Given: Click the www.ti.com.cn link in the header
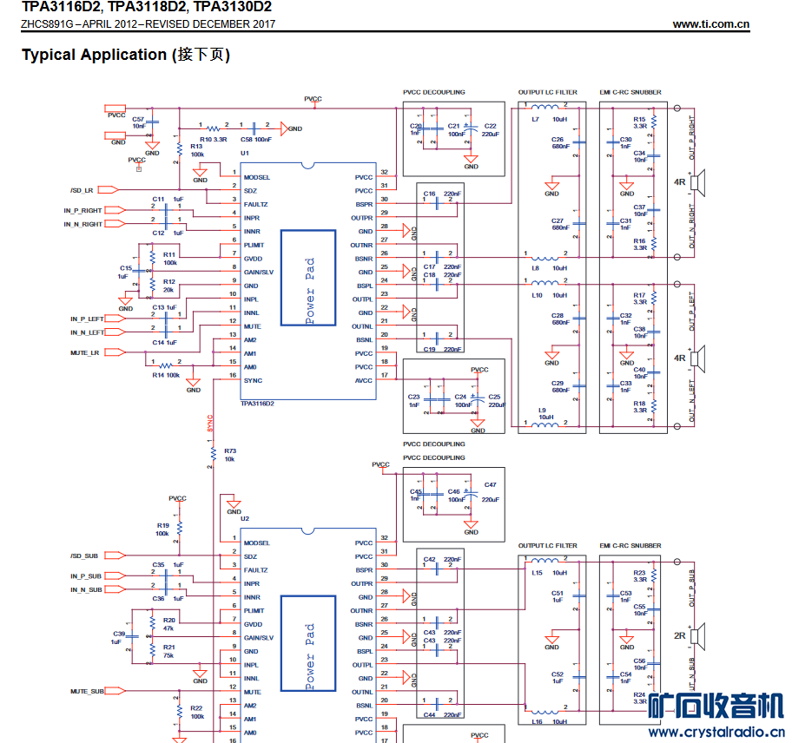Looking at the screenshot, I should click(x=710, y=24).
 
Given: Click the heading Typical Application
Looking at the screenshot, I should click(x=94, y=55).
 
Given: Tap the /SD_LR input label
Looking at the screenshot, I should click(x=82, y=189).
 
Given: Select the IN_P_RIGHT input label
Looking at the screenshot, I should click(x=82, y=211).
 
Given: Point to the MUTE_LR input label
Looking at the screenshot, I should click(x=84, y=353).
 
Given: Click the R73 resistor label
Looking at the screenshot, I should click(x=229, y=450).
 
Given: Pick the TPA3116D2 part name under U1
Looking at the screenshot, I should click(x=257, y=404).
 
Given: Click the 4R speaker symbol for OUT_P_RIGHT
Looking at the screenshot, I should click(x=702, y=182).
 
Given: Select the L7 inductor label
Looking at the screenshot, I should click(x=536, y=119).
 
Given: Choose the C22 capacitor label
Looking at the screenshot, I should click(x=490, y=127).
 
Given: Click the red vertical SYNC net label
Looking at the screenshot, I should click(x=210, y=423).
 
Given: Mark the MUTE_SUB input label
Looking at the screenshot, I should click(x=87, y=692).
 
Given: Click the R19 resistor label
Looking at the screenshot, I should click(x=162, y=525).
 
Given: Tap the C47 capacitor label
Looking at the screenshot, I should click(x=491, y=485).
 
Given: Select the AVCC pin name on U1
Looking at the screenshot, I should click(x=364, y=380).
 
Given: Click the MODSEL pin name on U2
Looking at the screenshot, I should click(x=256, y=542).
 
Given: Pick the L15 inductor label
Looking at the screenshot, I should click(x=538, y=573).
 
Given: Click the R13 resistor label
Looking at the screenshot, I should click(x=196, y=147).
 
